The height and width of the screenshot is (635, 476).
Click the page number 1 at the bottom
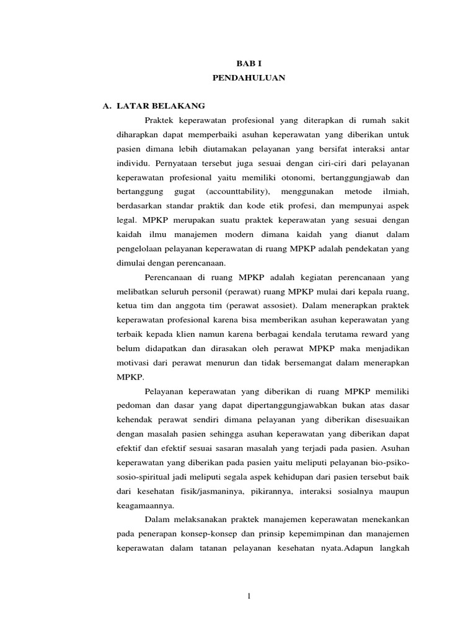(x=249, y=597)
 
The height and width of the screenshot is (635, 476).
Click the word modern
(x=237, y=234)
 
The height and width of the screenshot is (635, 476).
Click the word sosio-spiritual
(x=147, y=477)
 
